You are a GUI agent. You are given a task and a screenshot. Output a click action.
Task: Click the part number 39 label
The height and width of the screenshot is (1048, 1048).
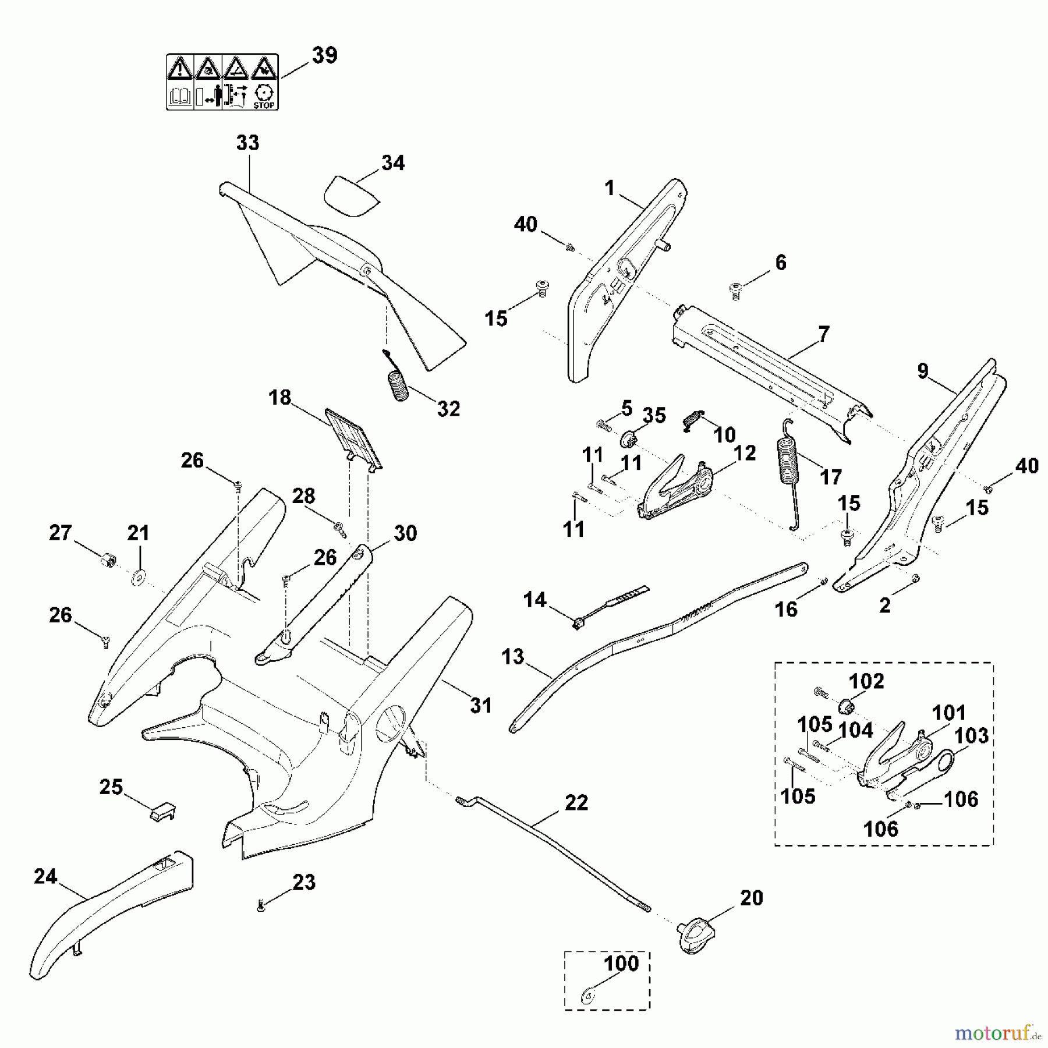[x=324, y=55]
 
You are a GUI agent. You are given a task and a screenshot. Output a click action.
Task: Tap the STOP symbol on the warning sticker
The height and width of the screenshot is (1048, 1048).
[x=264, y=95]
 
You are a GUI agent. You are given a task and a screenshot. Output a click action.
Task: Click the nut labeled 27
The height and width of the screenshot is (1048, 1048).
[x=107, y=561]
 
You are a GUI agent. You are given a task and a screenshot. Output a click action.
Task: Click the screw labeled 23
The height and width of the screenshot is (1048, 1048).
[x=261, y=905]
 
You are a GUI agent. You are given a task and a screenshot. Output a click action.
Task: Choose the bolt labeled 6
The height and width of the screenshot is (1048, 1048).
[x=735, y=289]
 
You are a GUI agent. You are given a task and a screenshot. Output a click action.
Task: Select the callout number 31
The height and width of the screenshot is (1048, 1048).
[x=481, y=706]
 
